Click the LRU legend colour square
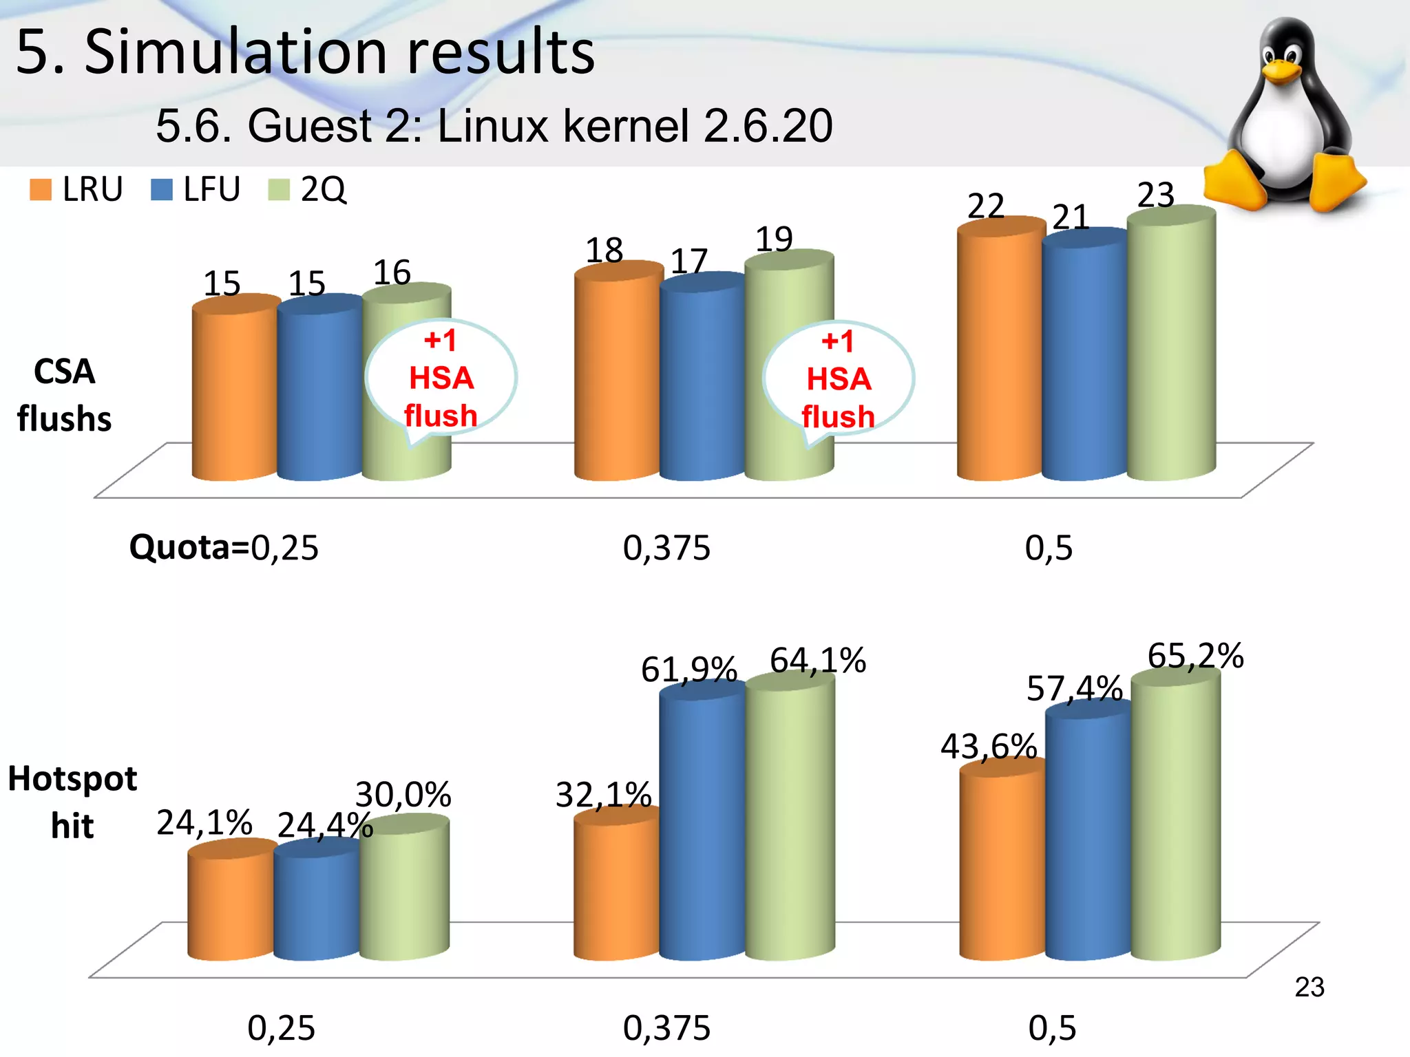click(41, 190)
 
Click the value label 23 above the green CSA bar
click(1155, 195)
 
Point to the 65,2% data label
click(1195, 656)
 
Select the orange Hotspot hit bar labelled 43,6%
click(1002, 867)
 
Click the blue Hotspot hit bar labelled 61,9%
click(702, 826)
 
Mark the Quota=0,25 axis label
click(224, 548)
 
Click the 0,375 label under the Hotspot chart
click(666, 1028)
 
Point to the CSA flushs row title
click(64, 395)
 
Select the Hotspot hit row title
click(72, 802)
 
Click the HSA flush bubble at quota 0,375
click(838, 379)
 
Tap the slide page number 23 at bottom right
click(1309, 987)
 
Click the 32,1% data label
click(603, 796)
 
